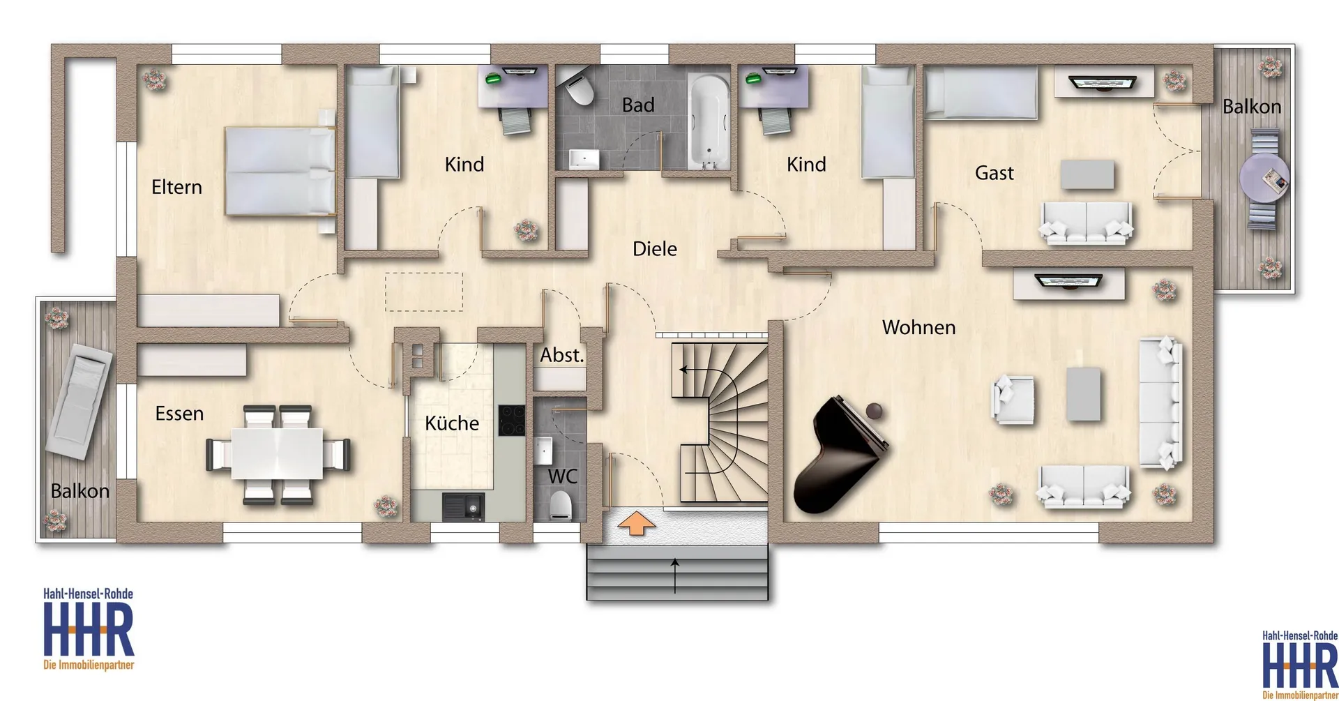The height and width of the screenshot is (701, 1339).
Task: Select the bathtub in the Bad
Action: click(x=708, y=123)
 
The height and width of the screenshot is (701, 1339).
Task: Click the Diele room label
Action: click(x=654, y=249)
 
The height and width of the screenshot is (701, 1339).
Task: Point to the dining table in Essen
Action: click(x=277, y=453)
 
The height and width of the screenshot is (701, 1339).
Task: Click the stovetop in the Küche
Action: click(x=511, y=421)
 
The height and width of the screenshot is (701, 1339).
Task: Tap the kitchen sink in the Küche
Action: click(x=462, y=507)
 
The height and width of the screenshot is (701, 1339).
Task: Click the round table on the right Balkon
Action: click(x=1263, y=179)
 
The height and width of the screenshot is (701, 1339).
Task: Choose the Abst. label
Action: click(x=562, y=355)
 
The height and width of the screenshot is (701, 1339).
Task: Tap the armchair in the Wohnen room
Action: click(x=1013, y=399)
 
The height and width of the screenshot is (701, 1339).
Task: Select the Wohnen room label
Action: click(x=918, y=327)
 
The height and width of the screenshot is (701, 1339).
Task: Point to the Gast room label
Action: click(x=994, y=173)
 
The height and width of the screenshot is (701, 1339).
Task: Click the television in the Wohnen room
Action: click(x=1068, y=282)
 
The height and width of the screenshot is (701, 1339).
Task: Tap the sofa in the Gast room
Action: click(x=1086, y=223)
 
